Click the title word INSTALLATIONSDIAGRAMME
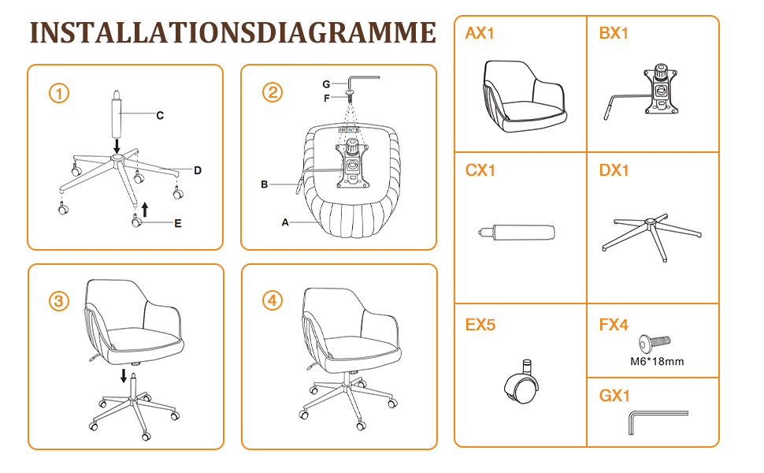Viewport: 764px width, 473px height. point(233,32)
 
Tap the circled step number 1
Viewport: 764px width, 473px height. point(59,93)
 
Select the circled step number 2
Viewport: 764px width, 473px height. point(273,92)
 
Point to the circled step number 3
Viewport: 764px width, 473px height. point(59,301)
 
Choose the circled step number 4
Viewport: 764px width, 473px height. point(273,300)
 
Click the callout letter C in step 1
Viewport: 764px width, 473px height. point(160,116)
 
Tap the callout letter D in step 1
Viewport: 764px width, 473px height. point(198,170)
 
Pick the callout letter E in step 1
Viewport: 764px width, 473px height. point(178,223)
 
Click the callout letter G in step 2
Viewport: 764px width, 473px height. point(326,84)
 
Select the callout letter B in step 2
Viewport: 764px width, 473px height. point(264,184)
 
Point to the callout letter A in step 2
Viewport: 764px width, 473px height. point(285,222)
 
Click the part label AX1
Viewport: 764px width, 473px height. point(480,33)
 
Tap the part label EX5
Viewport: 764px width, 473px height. point(480,325)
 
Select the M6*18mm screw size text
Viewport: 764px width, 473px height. point(657,361)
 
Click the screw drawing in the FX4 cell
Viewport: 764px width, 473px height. point(655,344)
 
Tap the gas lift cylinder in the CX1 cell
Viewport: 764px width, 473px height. point(517,232)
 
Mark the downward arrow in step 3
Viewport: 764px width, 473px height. point(124,375)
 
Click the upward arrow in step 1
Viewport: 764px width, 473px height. point(145,210)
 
